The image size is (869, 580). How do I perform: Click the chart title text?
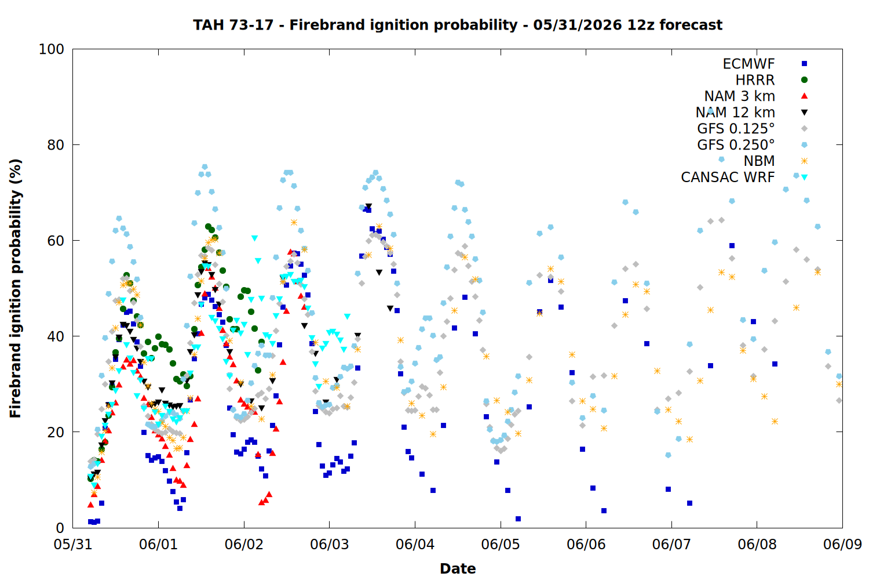[x=458, y=25]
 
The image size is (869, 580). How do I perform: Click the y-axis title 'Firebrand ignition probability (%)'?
[x=15, y=288]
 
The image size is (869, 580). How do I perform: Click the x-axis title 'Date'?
[x=458, y=569]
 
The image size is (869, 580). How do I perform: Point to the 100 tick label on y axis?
[x=51, y=49]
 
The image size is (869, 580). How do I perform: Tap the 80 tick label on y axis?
[x=56, y=145]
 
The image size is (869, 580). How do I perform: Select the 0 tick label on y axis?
[x=60, y=528]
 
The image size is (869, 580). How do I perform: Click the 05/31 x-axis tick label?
[x=73, y=544]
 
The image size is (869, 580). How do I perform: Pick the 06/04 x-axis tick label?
[x=415, y=544]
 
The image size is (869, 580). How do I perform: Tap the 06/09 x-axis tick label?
[x=842, y=544]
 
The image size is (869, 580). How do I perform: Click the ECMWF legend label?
[x=748, y=64]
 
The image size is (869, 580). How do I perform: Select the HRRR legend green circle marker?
[x=804, y=80]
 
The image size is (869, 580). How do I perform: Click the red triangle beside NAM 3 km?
[x=804, y=96]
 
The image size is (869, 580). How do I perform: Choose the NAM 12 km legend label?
[x=735, y=113]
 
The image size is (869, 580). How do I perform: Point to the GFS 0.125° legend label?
[x=736, y=129]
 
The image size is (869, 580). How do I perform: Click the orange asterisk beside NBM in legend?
[x=804, y=161]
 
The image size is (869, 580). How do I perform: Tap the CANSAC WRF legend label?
[x=728, y=177]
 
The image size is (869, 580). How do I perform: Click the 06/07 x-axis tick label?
[x=671, y=544]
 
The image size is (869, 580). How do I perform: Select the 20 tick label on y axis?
[x=56, y=432]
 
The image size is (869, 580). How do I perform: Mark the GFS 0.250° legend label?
[x=736, y=145]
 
